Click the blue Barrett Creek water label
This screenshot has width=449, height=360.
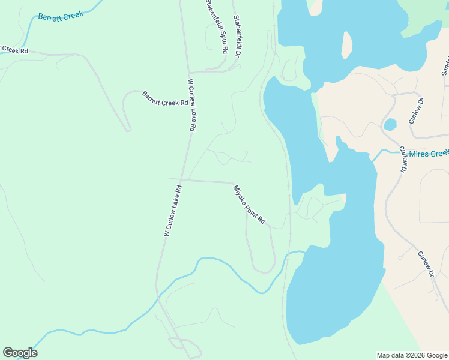61,16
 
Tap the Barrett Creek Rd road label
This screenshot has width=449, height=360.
165,99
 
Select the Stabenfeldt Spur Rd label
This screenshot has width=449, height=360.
217,27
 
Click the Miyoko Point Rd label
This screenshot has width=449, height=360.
249,205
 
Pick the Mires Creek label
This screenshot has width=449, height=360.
424,154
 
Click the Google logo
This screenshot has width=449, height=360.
20,353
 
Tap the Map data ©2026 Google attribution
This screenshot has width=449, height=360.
412,355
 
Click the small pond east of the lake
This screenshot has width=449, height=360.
390,125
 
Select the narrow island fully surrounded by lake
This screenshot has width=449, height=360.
346,46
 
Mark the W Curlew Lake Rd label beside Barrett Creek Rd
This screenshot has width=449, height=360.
191,105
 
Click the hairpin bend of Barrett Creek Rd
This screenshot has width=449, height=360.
128,129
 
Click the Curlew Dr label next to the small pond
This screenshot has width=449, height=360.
416,110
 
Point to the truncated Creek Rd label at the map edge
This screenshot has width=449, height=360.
14,50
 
